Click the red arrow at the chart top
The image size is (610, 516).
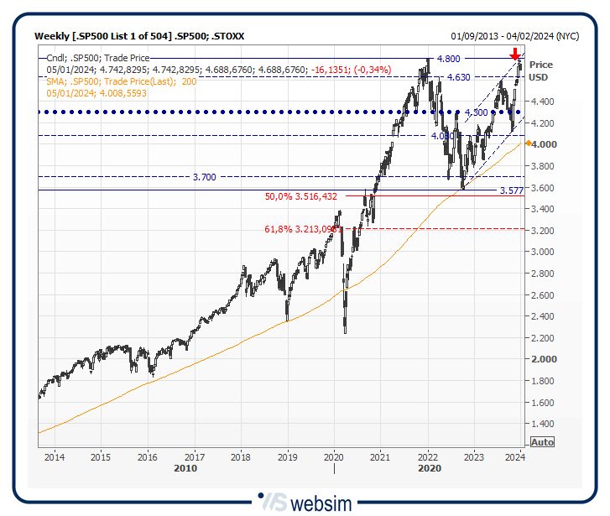point(515,55)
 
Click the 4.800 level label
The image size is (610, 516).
point(448,59)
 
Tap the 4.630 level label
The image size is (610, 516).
point(458,77)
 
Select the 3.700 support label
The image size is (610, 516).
point(204,177)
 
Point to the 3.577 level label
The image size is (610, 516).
point(511,191)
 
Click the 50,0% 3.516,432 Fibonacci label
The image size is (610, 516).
point(300,196)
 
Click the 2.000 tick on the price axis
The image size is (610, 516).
point(544,359)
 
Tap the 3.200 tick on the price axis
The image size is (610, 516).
point(544,230)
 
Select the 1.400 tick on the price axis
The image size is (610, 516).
point(544,424)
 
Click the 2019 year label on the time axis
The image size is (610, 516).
point(287,457)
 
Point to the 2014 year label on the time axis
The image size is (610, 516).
point(55,457)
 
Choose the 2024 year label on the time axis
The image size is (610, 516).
point(516,457)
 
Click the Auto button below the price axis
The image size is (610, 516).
point(543,442)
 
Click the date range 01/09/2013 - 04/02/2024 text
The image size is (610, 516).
point(514,36)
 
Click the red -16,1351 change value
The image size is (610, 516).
point(327,70)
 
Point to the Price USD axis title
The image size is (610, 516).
point(540,70)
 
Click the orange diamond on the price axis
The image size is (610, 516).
point(527,143)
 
